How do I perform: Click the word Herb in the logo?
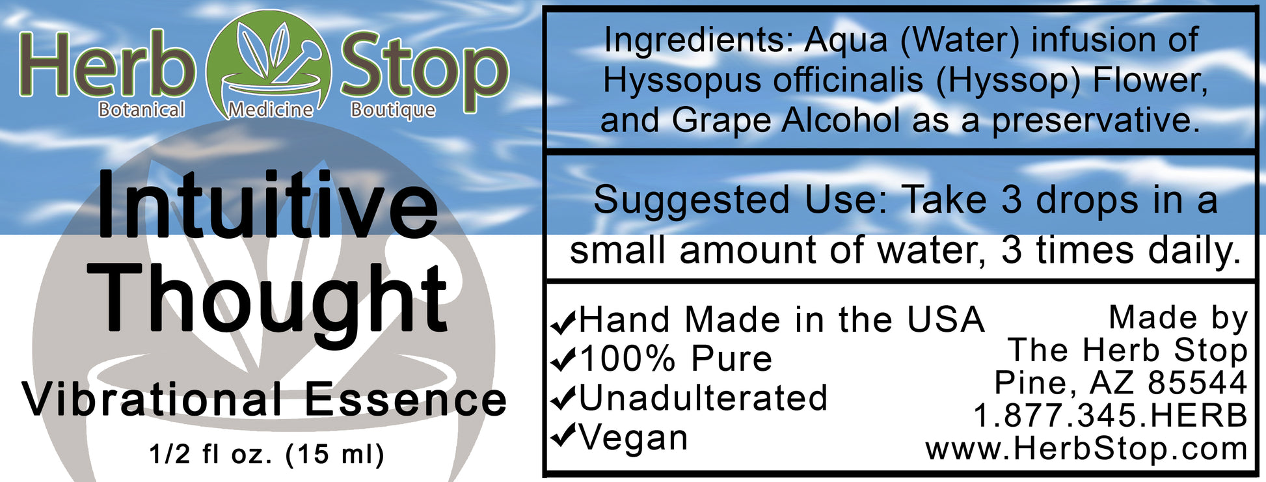[x=107, y=67]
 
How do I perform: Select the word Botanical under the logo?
[x=141, y=109]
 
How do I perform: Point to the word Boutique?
[x=393, y=110]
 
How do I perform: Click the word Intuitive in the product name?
[x=267, y=206]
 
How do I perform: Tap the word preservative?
[x=1096, y=121]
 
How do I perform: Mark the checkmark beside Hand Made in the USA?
[x=563, y=321]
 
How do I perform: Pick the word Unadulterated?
[x=703, y=398]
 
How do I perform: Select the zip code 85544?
[x=1197, y=383]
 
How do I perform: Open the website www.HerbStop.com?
[x=1086, y=449]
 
